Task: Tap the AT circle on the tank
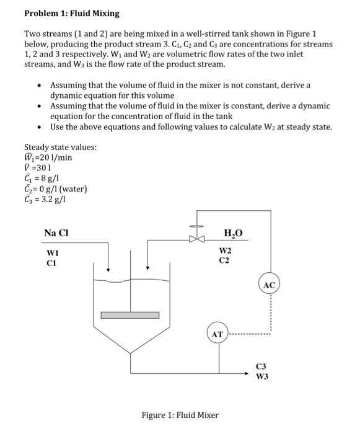pos(217,334)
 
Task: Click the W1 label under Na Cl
pos(54,252)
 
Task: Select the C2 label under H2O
pos(224,260)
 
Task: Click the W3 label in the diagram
pos(263,376)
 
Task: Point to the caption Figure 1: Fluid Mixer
pos(179,415)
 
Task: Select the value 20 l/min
pos(53,157)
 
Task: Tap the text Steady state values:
pos(60,147)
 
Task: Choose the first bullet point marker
pos(40,85)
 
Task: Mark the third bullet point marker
pos(40,127)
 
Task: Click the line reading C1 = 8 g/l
pos(42,179)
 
